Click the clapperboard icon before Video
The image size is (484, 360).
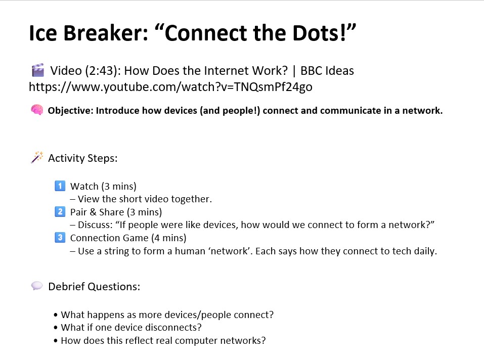tap(37, 70)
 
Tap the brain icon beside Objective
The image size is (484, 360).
tap(37, 110)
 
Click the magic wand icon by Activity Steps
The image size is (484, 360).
tap(37, 157)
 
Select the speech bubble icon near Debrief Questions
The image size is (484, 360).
tap(37, 286)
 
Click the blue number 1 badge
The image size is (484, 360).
tap(60, 186)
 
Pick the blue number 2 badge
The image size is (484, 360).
tap(60, 212)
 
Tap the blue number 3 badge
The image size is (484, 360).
tap(60, 238)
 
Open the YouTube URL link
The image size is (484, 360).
tap(170, 87)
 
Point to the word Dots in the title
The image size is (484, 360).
tap(319, 33)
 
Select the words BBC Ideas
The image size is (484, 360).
tap(327, 71)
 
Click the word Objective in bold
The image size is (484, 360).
tap(70, 110)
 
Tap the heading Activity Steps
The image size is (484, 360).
tap(83, 158)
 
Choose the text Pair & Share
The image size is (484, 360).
tap(97, 212)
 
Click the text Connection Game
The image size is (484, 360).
tap(109, 238)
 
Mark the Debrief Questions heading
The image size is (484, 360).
tap(94, 287)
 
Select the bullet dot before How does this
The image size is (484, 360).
tap(56, 341)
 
